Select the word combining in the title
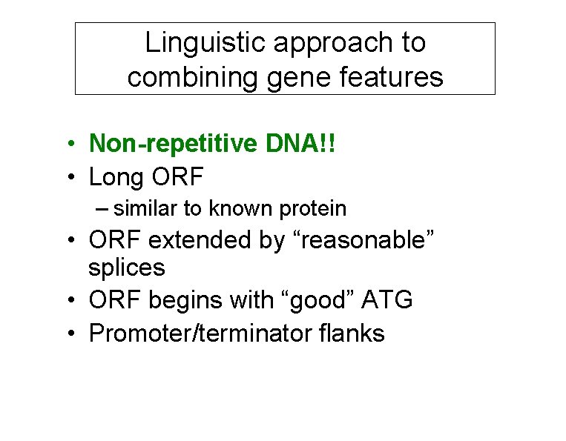click(185, 76)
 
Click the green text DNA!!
click(303, 144)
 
